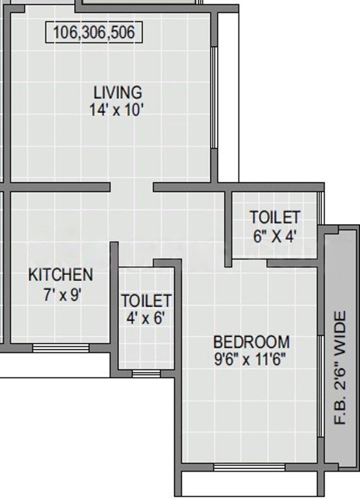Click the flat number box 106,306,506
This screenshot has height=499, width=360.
click(x=94, y=32)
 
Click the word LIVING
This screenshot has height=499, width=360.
click(x=118, y=93)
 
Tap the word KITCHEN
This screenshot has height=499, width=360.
click(x=60, y=275)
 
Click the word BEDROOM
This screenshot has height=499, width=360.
click(x=251, y=342)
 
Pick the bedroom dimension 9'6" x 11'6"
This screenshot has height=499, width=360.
click(x=250, y=360)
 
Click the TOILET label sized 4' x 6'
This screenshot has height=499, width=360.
click(x=146, y=301)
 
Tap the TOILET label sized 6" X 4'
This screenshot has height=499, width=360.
click(x=275, y=218)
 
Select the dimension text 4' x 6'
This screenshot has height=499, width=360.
click(x=146, y=318)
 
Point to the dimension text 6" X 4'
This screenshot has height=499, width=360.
click(x=276, y=236)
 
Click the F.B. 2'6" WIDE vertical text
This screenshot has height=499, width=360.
click(x=340, y=368)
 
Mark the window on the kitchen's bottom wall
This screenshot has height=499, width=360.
click(x=61, y=348)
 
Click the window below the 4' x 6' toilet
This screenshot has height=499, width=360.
click(x=146, y=374)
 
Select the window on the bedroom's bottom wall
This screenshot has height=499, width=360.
click(x=250, y=467)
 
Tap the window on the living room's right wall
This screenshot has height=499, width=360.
click(x=214, y=97)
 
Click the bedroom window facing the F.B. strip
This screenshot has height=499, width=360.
click(x=321, y=386)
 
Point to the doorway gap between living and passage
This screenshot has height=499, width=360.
click(x=132, y=187)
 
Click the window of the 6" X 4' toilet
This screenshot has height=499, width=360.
click(x=321, y=208)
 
